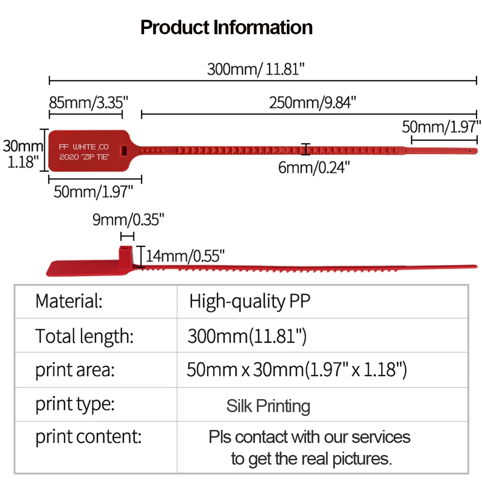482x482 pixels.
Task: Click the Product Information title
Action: point(227,27)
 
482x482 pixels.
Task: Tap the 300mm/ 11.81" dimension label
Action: point(256,69)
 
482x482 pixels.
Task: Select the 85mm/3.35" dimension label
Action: point(89,102)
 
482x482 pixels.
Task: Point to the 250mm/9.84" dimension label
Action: point(313,102)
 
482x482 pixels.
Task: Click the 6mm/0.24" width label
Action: point(314,167)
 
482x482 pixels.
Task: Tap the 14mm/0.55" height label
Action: point(186,255)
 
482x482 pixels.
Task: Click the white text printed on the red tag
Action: point(84,151)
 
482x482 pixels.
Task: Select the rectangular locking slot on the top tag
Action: point(124,150)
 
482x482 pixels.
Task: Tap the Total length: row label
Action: point(84,335)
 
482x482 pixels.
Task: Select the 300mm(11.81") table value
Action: point(247,336)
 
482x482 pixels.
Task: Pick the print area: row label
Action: point(75,370)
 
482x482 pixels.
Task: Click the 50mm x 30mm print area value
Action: point(297,370)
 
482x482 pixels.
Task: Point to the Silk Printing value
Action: point(268,406)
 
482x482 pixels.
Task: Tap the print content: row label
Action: point(88,437)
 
